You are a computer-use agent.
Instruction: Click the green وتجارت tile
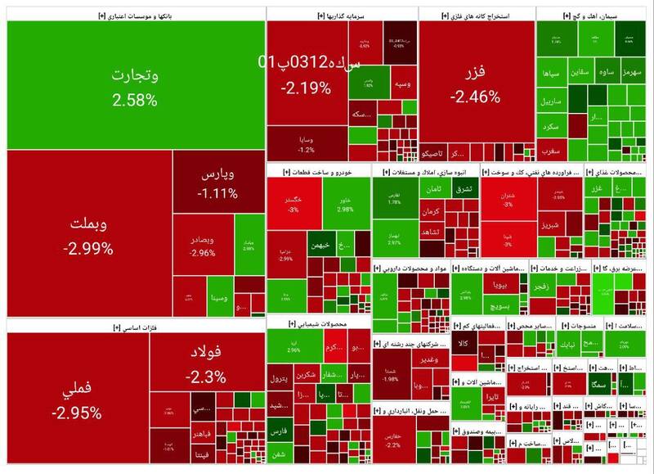pyautogui.click(x=135, y=78)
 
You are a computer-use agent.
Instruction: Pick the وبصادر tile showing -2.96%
pyautogui.click(x=201, y=246)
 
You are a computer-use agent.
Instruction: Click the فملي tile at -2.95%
pyautogui.click(x=78, y=401)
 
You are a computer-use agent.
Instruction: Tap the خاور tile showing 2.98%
pyautogui.click(x=344, y=205)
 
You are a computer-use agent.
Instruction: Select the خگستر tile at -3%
pyautogui.click(x=293, y=205)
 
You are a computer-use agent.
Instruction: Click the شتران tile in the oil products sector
pyautogui.click(x=507, y=200)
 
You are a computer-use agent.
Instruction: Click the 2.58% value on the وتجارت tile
pyautogui.click(x=135, y=100)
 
